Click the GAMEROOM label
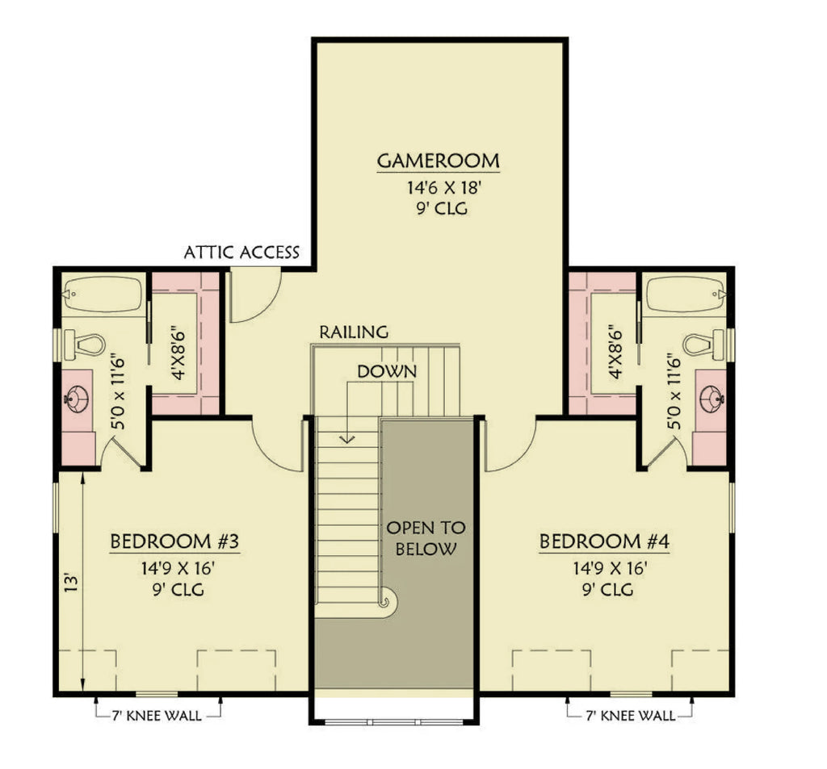pyautogui.click(x=438, y=161)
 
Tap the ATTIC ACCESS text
pyautogui.click(x=241, y=253)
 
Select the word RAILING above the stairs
pyautogui.click(x=354, y=332)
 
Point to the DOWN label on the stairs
pyautogui.click(x=388, y=372)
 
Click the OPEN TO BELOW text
pyautogui.click(x=426, y=539)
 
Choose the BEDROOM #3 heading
pyautogui.click(x=174, y=541)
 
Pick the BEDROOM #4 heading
pyautogui.click(x=604, y=541)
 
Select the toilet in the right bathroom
pyautogui.click(x=701, y=345)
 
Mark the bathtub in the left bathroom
pyautogui.click(x=103, y=294)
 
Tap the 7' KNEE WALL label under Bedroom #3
pyautogui.click(x=158, y=713)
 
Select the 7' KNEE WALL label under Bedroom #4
pyautogui.click(x=630, y=713)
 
